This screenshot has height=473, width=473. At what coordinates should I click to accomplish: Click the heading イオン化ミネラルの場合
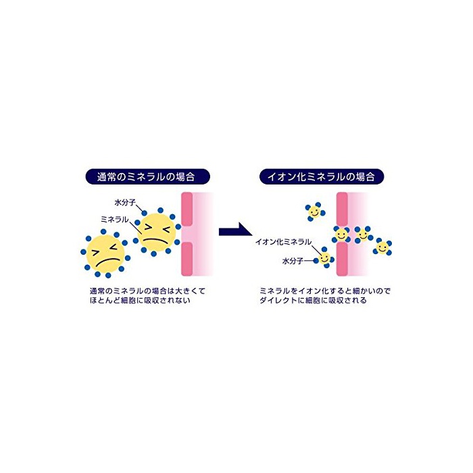322,176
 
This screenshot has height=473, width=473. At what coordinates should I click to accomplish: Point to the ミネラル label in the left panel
115,220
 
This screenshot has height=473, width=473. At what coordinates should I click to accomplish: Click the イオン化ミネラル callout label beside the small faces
283,242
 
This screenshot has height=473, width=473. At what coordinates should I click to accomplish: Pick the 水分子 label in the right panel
293,261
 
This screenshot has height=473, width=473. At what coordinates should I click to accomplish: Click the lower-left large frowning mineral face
105,253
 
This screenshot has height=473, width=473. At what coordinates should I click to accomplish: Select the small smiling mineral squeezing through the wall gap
341,234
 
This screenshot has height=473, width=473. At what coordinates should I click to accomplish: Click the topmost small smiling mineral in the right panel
314,211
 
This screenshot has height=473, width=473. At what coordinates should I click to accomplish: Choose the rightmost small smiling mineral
382,247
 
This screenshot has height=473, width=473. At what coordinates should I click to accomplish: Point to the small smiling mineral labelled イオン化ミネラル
324,259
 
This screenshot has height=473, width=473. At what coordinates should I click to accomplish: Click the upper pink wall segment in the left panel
186,209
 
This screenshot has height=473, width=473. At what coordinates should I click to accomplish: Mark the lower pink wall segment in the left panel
186,259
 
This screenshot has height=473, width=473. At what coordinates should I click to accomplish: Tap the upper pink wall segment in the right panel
342,209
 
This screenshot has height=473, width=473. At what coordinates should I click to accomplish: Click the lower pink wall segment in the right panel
342,259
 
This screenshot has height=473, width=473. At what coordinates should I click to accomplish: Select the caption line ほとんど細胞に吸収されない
141,300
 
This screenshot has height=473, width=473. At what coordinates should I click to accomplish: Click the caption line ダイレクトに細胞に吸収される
313,300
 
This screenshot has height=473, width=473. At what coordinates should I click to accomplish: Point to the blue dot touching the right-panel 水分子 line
316,261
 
